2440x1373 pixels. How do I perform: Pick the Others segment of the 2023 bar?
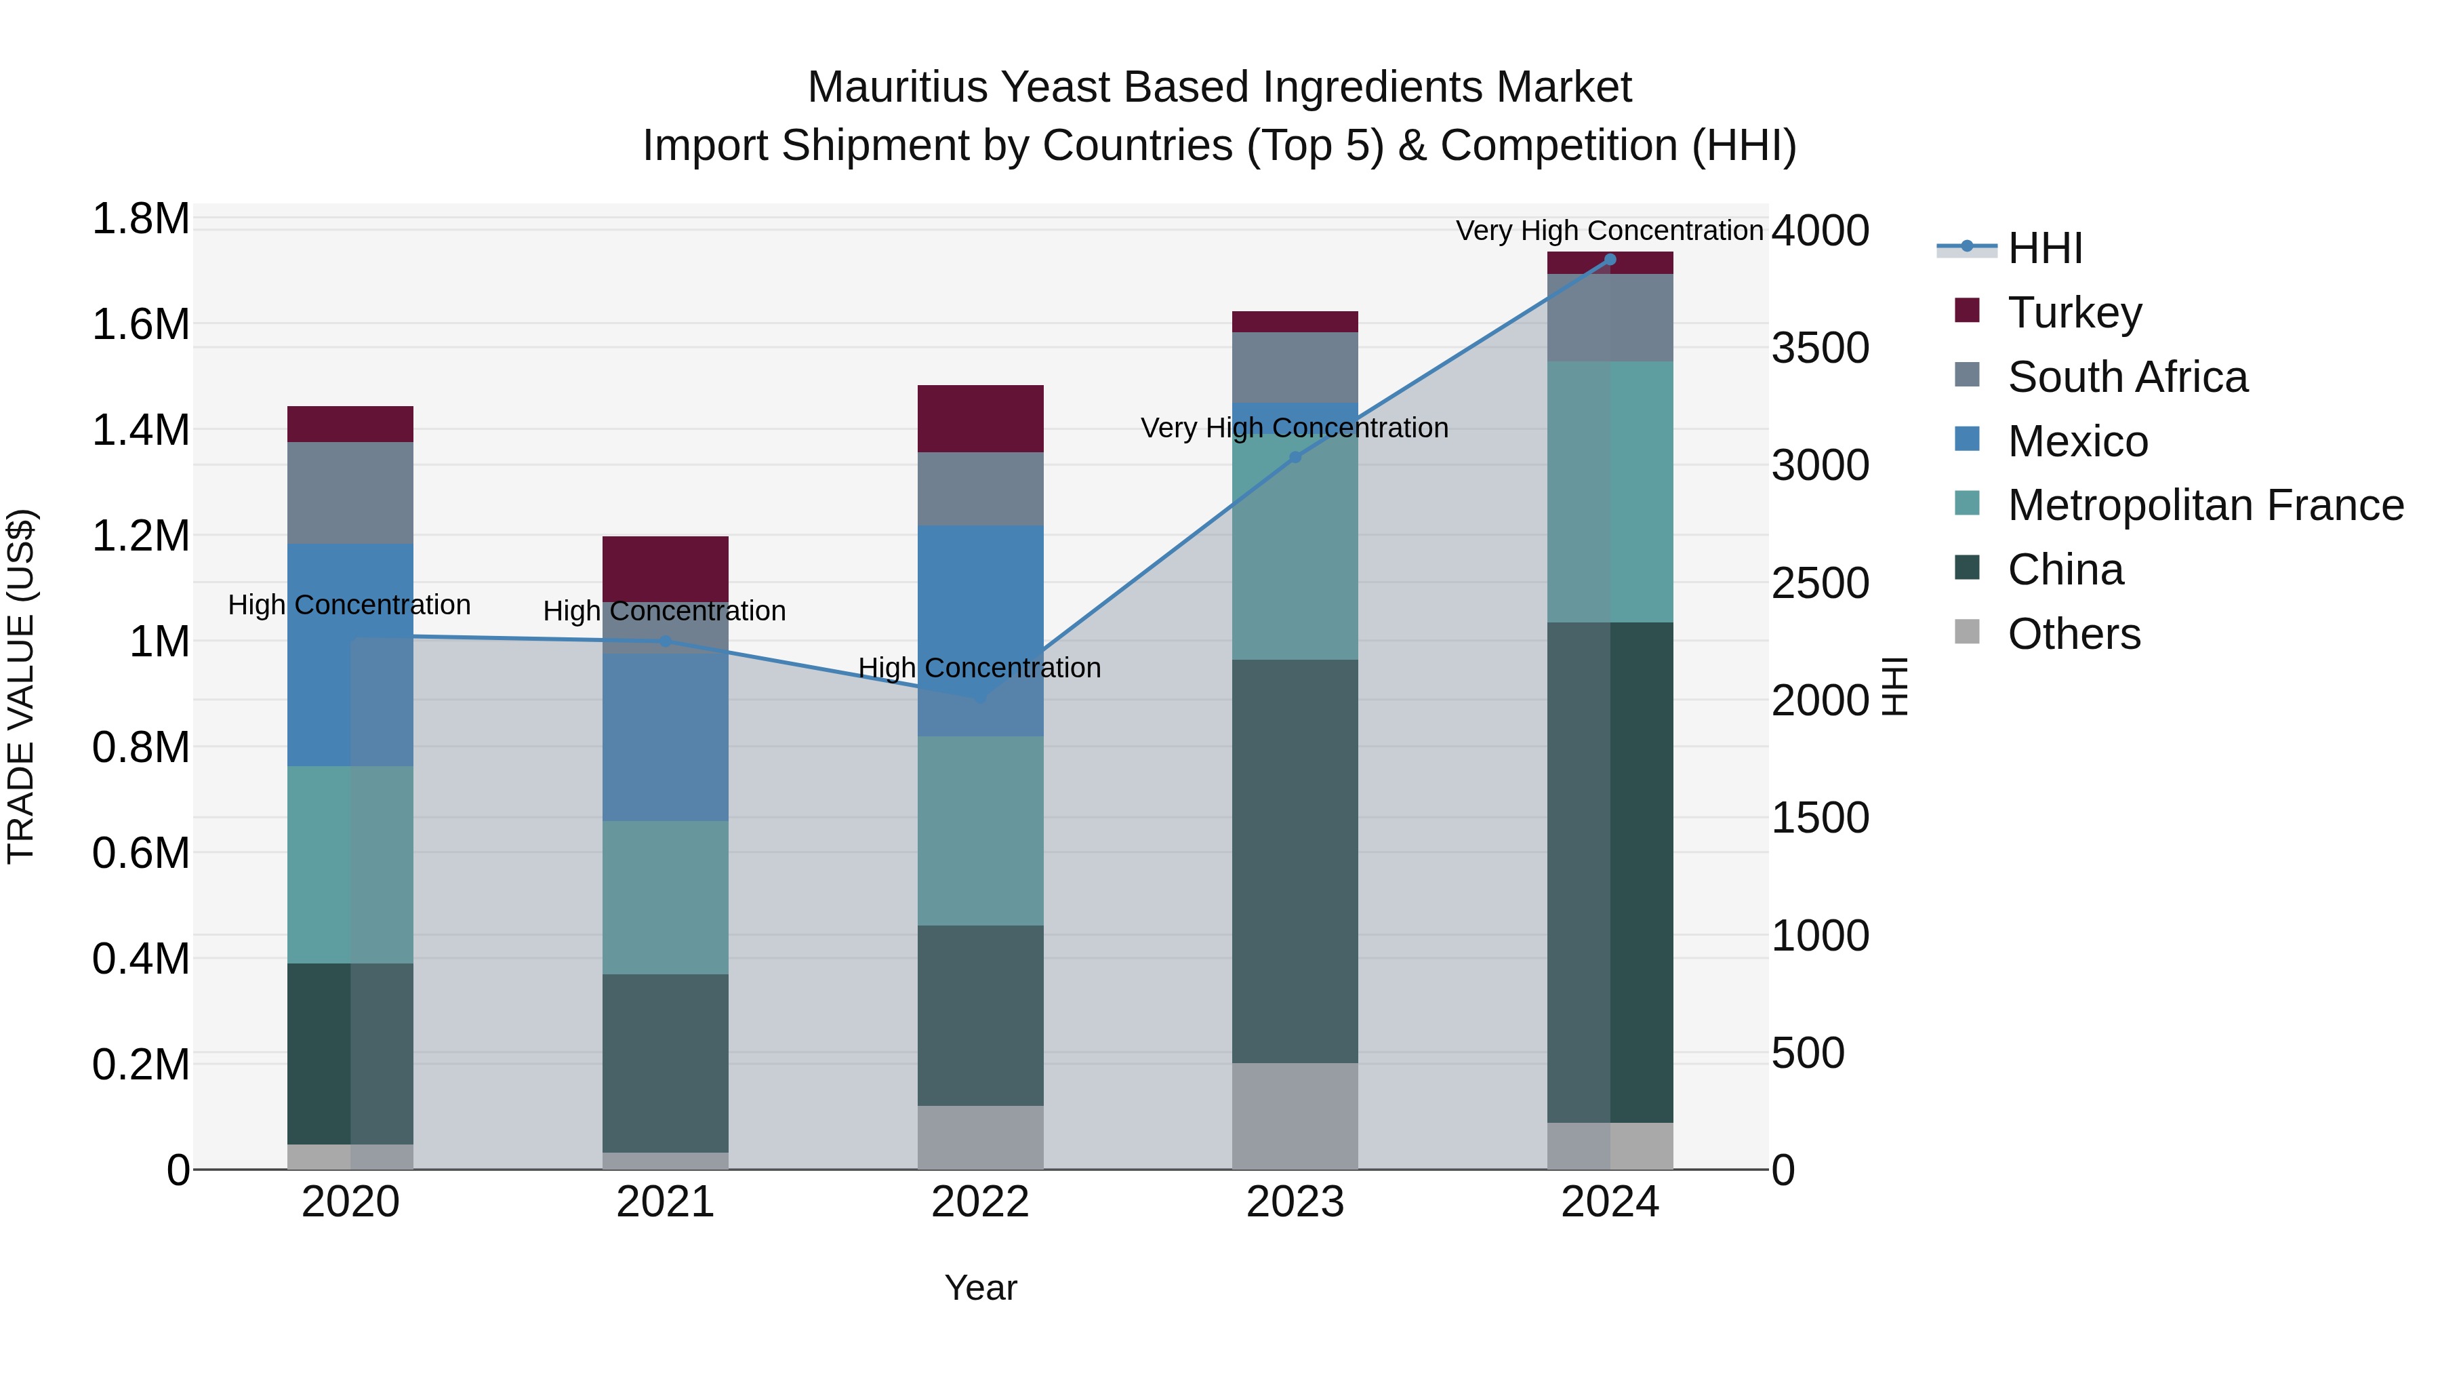(x=1295, y=1115)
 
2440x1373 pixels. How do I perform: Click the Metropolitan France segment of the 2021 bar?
(x=665, y=896)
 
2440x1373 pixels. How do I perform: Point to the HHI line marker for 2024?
(x=1609, y=260)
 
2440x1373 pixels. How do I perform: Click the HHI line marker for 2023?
(x=1295, y=458)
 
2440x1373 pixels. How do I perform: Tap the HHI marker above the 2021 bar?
(x=665, y=641)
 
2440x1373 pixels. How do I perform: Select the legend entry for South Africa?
(x=2126, y=377)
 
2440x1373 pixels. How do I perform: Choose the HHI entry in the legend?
(x=2044, y=248)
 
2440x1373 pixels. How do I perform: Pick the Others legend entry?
(x=2073, y=634)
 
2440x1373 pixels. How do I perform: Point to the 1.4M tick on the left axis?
(x=140, y=430)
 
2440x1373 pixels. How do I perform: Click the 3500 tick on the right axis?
(x=1820, y=348)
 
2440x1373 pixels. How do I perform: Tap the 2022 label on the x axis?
(x=980, y=1202)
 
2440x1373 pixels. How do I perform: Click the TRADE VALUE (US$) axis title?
(x=21, y=686)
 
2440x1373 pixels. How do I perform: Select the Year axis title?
(x=980, y=1288)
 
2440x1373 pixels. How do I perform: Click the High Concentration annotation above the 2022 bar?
(x=979, y=668)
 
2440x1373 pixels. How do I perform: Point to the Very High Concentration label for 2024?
(x=1608, y=231)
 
